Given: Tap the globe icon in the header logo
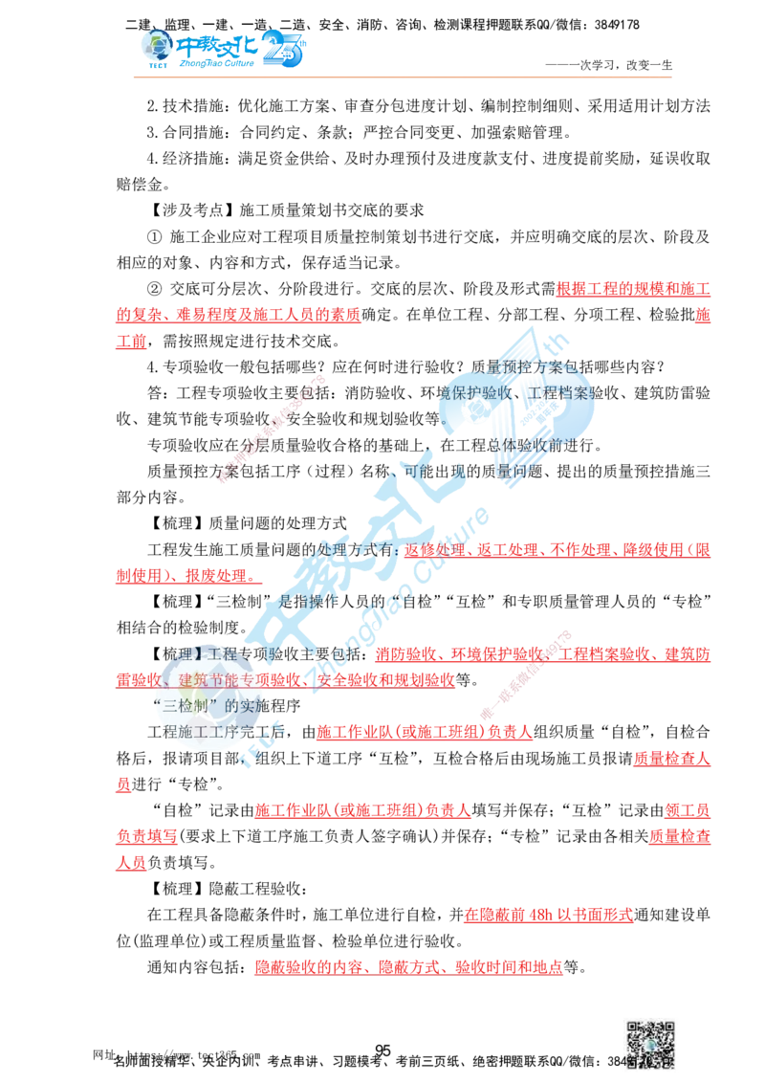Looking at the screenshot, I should click(152, 45).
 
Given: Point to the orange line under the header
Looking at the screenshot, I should click(402, 74).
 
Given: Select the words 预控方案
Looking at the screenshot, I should click(522, 366).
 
